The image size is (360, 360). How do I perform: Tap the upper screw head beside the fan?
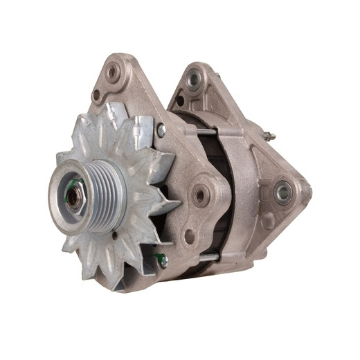click(x=161, y=129)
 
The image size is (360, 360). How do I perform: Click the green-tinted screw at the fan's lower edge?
click(x=162, y=261)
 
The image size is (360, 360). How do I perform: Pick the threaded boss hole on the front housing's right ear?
click(x=200, y=195)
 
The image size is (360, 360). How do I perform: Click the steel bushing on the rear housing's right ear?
click(x=282, y=192)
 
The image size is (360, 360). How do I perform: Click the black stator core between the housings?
click(x=220, y=194)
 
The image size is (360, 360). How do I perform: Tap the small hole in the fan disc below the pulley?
click(x=113, y=235)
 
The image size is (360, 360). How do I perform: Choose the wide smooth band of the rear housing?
click(x=242, y=194)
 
